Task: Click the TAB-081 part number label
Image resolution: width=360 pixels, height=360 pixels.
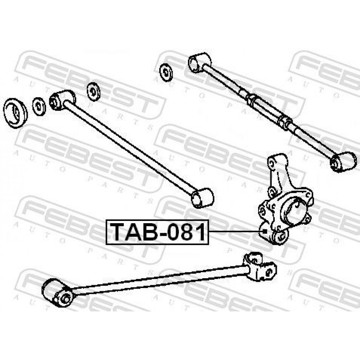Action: click(x=157, y=232)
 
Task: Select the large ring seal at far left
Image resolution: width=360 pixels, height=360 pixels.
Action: click(x=15, y=113)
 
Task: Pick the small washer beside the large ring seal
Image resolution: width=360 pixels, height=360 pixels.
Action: click(x=39, y=107)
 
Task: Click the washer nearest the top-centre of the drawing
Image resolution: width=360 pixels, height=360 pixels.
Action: click(x=166, y=72)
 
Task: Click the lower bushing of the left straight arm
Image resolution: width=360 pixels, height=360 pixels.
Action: click(x=202, y=198)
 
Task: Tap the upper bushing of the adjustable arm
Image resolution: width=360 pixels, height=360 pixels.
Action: click(x=199, y=62)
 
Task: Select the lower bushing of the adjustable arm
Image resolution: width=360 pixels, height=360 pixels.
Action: click(x=343, y=162)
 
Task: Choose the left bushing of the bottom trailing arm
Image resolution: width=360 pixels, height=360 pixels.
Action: click(x=57, y=293)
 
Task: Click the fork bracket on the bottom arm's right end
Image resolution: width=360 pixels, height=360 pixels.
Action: click(x=260, y=266)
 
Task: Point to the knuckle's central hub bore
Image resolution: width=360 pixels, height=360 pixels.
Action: click(x=294, y=210)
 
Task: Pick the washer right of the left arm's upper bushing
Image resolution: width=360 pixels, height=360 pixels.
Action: click(x=94, y=91)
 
